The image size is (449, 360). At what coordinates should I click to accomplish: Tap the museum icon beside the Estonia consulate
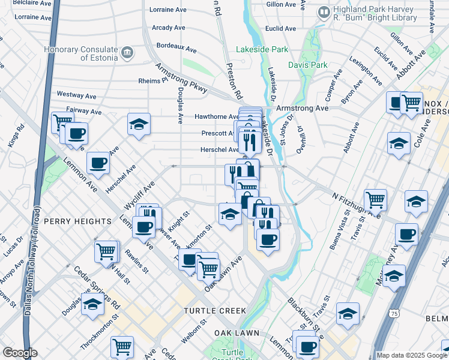click(x=127, y=53)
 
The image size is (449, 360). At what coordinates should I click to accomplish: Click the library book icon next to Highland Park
click(x=324, y=11)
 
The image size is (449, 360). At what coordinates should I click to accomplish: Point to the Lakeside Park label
click(x=262, y=50)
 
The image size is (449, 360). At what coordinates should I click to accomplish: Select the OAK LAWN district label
click(x=237, y=332)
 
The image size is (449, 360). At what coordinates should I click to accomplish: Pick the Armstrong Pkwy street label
click(x=181, y=79)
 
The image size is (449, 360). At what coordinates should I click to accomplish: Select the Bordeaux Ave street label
click(x=176, y=46)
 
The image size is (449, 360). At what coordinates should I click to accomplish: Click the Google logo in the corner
click(x=20, y=353)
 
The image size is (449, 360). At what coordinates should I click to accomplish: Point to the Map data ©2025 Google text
click(x=411, y=355)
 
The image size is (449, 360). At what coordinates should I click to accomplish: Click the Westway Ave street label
click(x=76, y=95)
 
